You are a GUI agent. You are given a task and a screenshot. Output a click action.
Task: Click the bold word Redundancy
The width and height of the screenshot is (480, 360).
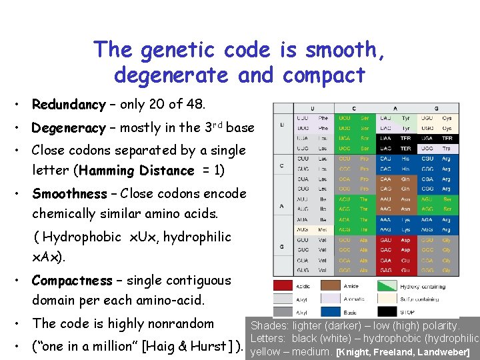click(69, 105)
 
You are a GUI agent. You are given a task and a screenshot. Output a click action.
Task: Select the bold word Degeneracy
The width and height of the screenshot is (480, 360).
click(69, 127)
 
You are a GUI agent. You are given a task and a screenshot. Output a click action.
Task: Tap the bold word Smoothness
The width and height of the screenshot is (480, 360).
click(69, 194)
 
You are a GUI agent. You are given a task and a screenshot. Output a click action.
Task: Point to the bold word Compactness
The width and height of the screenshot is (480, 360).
click(71, 281)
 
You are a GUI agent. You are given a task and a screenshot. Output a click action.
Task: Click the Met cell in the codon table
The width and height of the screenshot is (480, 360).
click(323, 229)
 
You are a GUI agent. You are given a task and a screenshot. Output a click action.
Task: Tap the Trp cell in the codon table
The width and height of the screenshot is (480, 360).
click(447, 148)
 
